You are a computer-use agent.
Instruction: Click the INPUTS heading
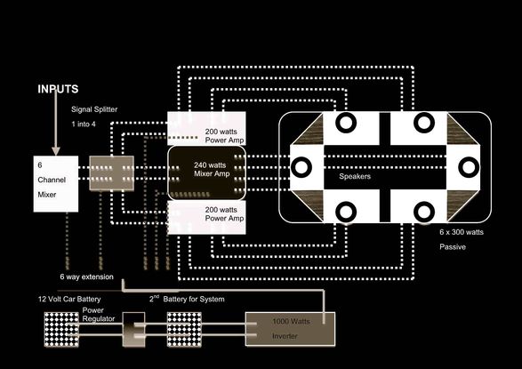pos(58,89)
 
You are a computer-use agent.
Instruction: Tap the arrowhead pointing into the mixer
pos(56,151)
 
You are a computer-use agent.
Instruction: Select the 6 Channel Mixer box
pos(56,184)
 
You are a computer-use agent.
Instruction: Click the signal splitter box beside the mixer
pos(112,173)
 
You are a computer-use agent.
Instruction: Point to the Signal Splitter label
pos(94,109)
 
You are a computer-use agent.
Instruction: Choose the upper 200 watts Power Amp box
pos(206,128)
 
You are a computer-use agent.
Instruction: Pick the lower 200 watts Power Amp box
pos(206,217)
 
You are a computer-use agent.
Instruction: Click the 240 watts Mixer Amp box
pos(206,172)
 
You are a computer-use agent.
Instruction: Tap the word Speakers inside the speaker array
pos(355,176)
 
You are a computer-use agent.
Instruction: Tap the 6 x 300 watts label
pos(462,232)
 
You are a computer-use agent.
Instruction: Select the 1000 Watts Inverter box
pos(290,329)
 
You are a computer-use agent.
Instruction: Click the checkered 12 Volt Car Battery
pos(61,329)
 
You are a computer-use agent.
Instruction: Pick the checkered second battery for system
pos(184,329)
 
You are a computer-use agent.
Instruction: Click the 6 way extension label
pos(86,277)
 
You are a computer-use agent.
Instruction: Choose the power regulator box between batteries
pos(133,329)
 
